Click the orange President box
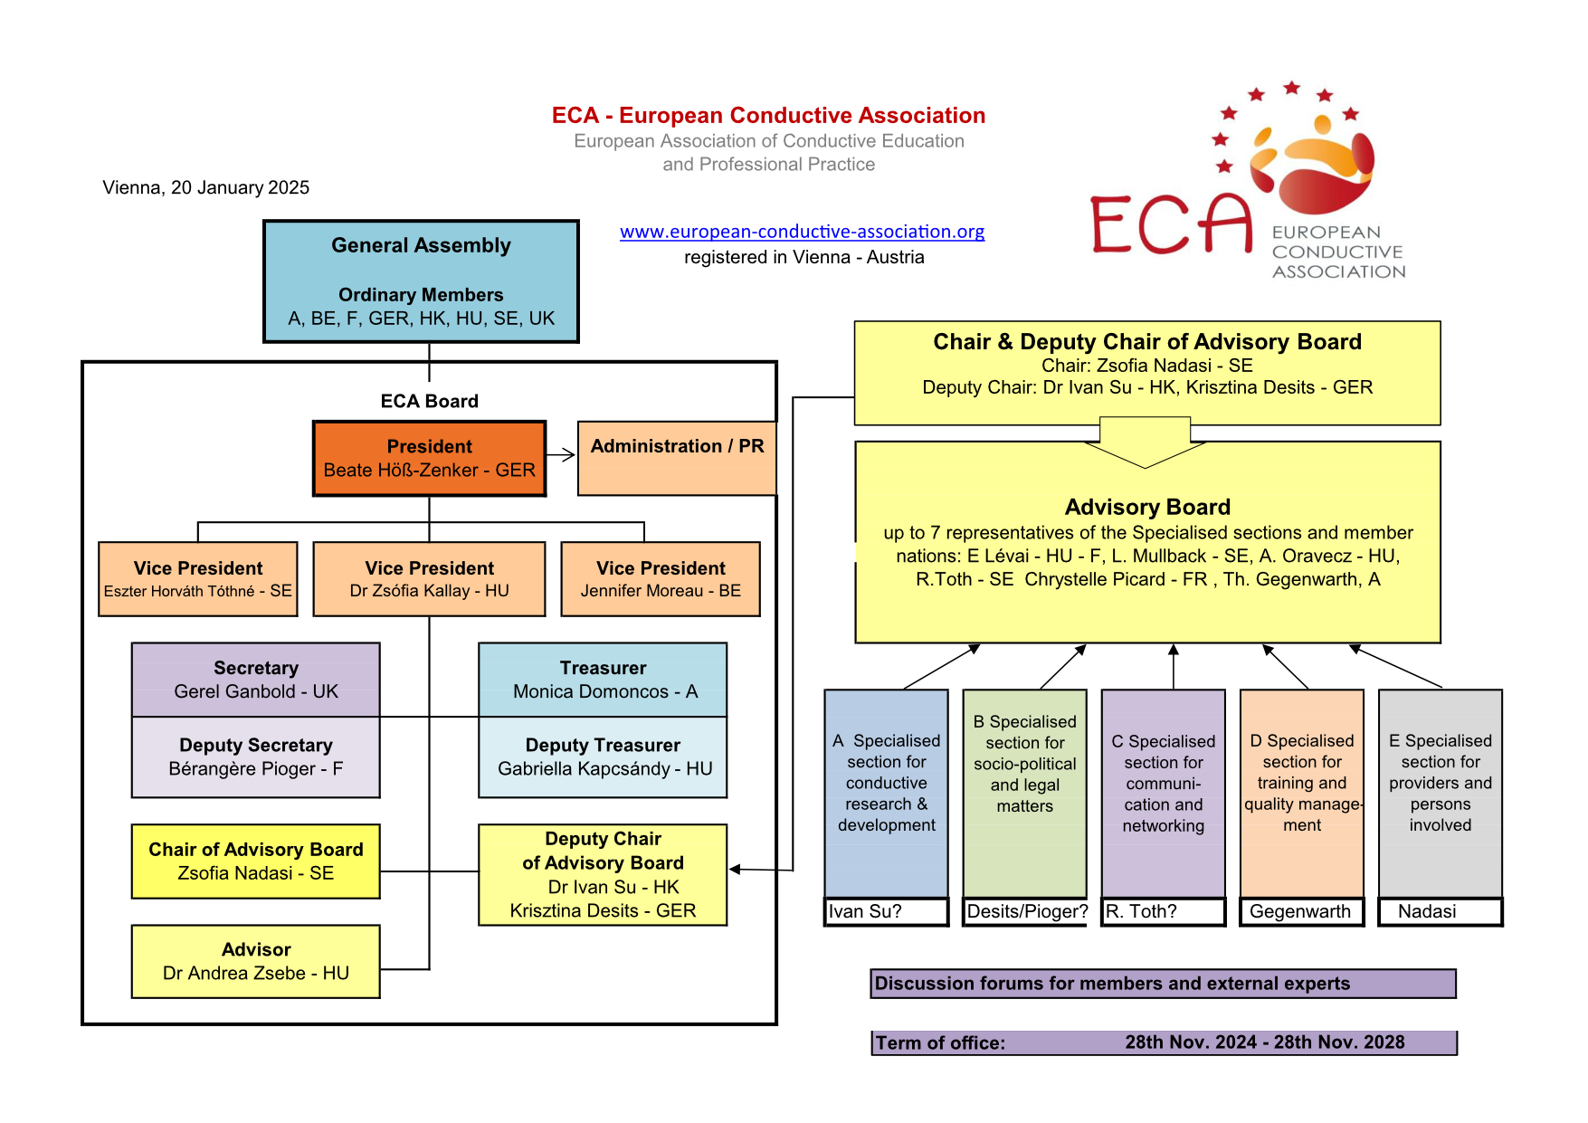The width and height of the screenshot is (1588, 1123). (x=429, y=459)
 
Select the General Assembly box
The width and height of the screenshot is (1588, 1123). (x=421, y=281)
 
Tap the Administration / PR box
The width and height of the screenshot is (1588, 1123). (x=676, y=458)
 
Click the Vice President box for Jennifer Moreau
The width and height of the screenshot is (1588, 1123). (x=661, y=579)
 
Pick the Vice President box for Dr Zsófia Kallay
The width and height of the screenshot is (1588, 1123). (x=429, y=579)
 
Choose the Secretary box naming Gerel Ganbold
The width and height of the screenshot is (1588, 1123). (x=256, y=680)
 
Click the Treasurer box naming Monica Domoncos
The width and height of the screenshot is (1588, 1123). (x=603, y=680)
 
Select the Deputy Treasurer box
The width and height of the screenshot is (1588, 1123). (x=603, y=757)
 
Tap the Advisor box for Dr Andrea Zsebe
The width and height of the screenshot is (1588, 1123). (x=256, y=961)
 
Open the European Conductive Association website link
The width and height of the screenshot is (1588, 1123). (x=802, y=232)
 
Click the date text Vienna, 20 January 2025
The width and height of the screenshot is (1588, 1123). (x=206, y=187)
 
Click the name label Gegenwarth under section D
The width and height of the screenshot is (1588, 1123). (x=1300, y=911)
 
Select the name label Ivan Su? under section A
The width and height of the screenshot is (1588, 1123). (x=866, y=911)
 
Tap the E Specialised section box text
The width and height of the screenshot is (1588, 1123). (x=1440, y=783)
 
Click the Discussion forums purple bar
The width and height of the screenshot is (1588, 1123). (x=1163, y=984)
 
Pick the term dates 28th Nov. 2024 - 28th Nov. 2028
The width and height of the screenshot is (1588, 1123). (x=1264, y=1042)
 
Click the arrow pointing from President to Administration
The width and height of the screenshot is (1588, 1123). (x=562, y=455)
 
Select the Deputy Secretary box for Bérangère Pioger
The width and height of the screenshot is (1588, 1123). (x=256, y=757)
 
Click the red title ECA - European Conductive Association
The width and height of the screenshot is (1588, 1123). (x=768, y=116)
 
